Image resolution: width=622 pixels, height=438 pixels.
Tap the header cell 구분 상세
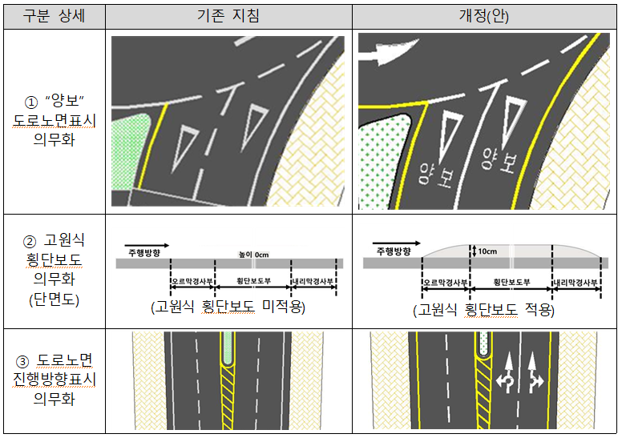(54, 16)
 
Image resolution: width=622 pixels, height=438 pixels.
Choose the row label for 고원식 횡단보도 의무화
(54, 270)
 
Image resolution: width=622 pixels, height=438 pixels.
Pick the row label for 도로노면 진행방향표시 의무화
(54, 380)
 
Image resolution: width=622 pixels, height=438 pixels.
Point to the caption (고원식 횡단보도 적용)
(483, 309)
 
